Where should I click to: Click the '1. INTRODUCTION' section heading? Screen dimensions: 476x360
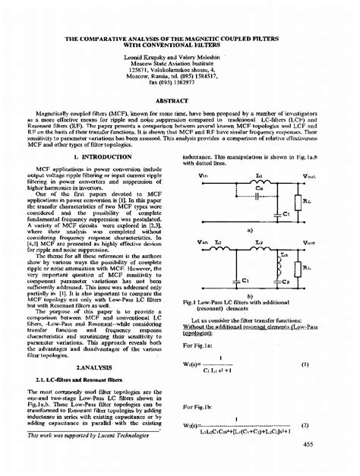click(92, 156)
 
